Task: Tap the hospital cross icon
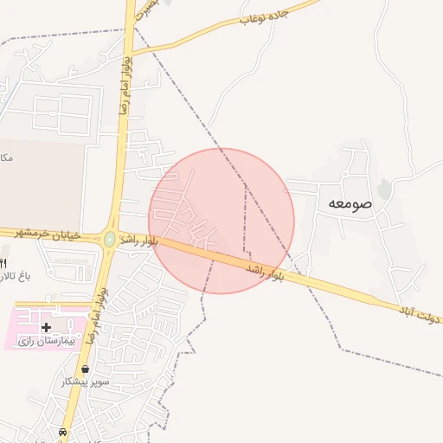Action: tap(46, 327)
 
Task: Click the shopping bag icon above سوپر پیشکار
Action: tap(85, 369)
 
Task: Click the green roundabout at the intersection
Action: tap(110, 239)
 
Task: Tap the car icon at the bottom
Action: tap(62, 432)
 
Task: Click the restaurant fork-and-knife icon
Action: tap(3, 262)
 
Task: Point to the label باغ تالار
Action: tap(14, 277)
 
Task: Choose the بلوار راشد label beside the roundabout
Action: tap(138, 239)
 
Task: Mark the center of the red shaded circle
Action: tap(221, 221)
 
